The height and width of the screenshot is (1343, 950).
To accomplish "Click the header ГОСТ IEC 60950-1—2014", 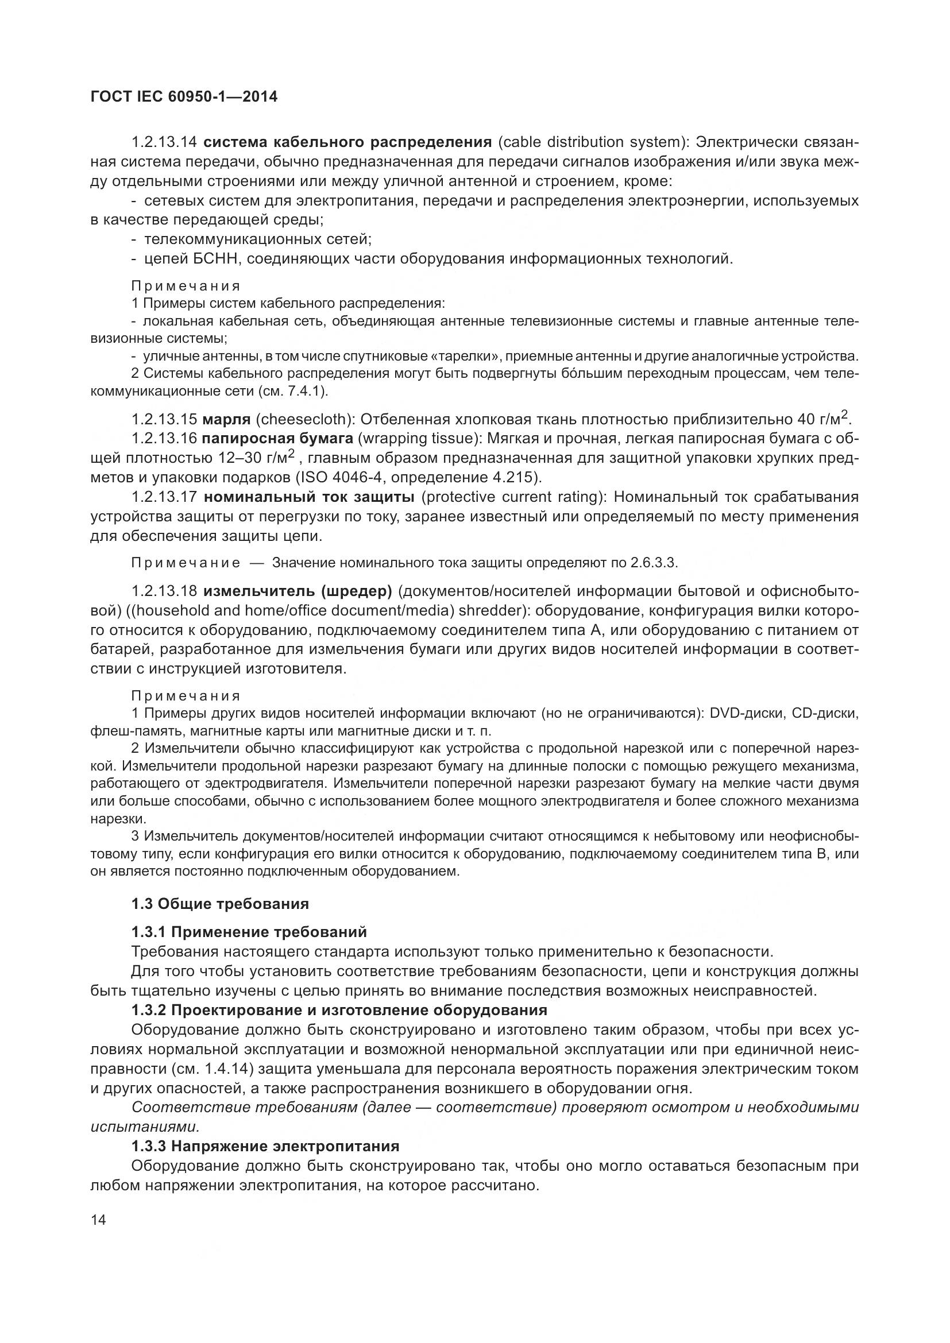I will click(184, 96).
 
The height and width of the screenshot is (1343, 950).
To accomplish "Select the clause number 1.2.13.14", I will click(167, 142).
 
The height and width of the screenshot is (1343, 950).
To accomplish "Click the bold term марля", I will click(226, 419).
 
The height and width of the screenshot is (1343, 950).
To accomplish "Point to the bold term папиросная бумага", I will click(278, 439).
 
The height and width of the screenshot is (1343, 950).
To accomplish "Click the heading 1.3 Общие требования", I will click(220, 904).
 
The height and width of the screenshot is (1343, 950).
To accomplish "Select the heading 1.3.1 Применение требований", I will click(249, 931).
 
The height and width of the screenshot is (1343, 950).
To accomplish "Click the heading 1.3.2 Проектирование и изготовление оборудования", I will click(339, 1009).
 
